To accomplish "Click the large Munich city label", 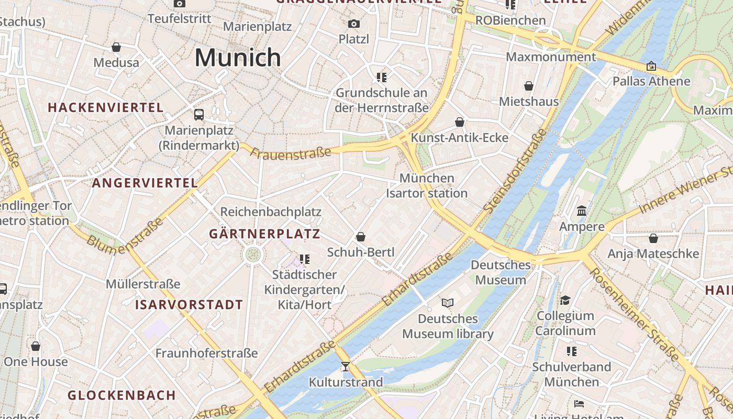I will (x=238, y=58).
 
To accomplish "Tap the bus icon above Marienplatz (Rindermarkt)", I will (x=199, y=114).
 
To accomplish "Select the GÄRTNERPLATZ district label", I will (x=264, y=234).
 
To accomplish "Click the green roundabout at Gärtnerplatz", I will (x=253, y=255).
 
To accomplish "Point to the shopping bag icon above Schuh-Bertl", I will (x=360, y=237).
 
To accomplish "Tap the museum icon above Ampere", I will (x=581, y=211).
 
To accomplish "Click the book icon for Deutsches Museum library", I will (x=447, y=303).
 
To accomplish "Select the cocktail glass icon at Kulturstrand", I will (x=345, y=367).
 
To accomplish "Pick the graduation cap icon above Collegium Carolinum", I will (x=565, y=300).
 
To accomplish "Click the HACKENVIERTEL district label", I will (x=106, y=108).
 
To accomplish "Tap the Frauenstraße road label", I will (x=291, y=152).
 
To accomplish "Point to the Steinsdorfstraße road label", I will (x=515, y=171).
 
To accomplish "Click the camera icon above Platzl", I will (x=354, y=24).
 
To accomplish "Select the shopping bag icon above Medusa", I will (x=116, y=47).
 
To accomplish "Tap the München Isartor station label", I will (x=427, y=185).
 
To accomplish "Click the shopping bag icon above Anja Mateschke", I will (x=653, y=238).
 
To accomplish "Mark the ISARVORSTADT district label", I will (x=189, y=305).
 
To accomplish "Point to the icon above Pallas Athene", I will (x=651, y=66).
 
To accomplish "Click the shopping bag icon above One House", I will (x=36, y=346).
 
